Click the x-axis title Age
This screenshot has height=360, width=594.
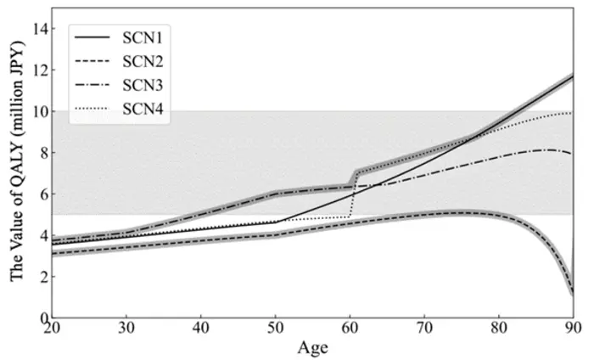pos(312,348)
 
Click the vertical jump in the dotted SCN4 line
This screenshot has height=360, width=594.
pos(351,195)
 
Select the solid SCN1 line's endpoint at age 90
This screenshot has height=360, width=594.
pos(573,76)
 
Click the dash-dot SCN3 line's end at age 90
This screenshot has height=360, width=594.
pos(573,154)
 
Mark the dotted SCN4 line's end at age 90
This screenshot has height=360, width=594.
pos(573,113)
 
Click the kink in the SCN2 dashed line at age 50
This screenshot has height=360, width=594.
pos(276,235)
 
